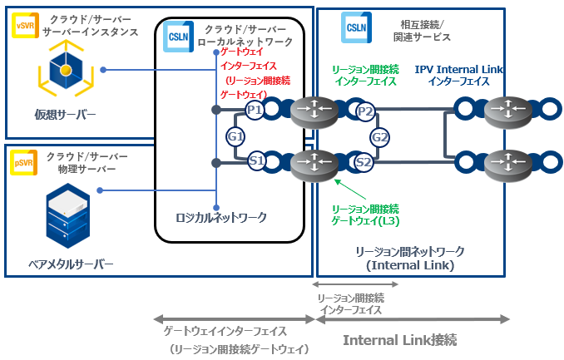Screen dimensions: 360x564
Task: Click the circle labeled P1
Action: point(255,110)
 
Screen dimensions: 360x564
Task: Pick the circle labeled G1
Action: point(235,136)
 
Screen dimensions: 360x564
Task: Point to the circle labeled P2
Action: point(364,110)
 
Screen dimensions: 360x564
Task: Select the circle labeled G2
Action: point(380,136)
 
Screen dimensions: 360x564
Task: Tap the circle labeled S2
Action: point(364,162)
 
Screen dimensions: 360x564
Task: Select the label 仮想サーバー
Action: point(65,114)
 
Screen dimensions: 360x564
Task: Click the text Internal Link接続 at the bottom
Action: point(400,340)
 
